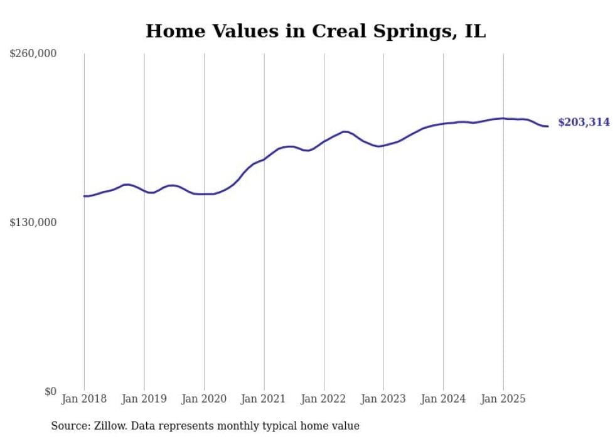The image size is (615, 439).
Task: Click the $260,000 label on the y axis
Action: click(x=33, y=54)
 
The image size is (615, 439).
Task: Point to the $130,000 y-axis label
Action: click(x=33, y=222)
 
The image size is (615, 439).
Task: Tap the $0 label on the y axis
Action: click(x=50, y=392)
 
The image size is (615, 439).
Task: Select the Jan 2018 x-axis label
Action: click(x=84, y=399)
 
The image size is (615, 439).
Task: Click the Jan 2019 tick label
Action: click(x=144, y=399)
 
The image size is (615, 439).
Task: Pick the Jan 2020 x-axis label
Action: click(x=204, y=399)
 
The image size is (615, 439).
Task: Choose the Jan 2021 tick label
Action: click(x=264, y=399)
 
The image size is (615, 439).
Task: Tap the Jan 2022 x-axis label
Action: click(x=324, y=399)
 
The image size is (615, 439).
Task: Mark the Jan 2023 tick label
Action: click(x=383, y=399)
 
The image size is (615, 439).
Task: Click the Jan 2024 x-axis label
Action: click(x=444, y=399)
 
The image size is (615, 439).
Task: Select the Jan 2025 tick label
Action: click(x=503, y=399)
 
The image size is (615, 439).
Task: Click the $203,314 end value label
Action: click(x=584, y=122)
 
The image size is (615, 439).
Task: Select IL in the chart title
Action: click(x=475, y=31)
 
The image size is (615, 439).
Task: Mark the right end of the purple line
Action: click(x=548, y=126)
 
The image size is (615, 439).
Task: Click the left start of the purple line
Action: click(x=84, y=196)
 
